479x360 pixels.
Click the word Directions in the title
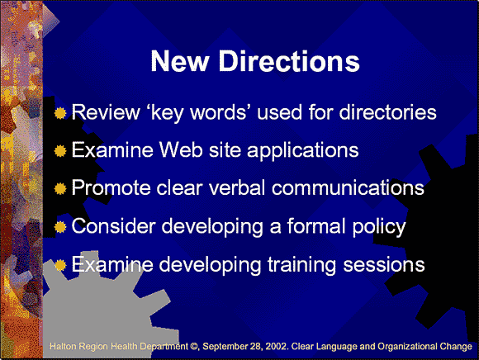click(289, 61)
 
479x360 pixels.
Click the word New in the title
click(180, 61)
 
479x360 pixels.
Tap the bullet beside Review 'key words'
click(60, 113)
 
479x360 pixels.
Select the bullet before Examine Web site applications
click(60, 150)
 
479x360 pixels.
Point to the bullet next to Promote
click(60, 188)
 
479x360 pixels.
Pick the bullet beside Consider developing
click(60, 227)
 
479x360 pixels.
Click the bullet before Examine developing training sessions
click(60, 265)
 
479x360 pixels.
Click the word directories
click(388, 112)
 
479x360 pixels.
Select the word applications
click(303, 151)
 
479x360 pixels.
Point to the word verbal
click(237, 187)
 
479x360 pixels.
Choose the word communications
click(348, 187)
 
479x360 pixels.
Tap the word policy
click(379, 227)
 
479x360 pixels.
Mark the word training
click(302, 265)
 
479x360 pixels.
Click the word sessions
click(384, 265)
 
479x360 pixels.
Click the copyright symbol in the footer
click(194, 347)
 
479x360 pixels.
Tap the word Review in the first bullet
click(106, 112)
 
